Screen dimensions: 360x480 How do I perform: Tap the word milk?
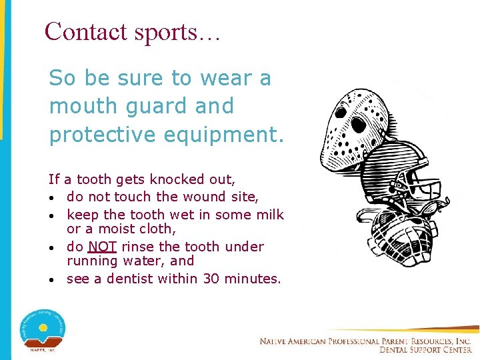pyautogui.click(x=269, y=215)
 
